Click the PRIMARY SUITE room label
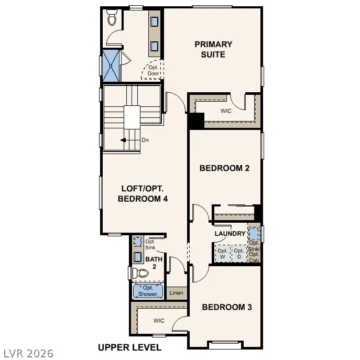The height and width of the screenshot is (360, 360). [x=213, y=49]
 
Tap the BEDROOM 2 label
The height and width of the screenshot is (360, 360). [x=224, y=168]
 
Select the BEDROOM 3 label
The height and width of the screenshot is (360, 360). [x=226, y=307]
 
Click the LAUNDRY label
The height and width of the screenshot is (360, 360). [x=230, y=233]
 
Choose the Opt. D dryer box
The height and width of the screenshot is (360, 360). [x=239, y=254]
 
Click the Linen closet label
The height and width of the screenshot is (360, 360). [x=177, y=292]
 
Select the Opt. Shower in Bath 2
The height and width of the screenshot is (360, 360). [x=148, y=291]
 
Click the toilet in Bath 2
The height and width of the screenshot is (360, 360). [x=140, y=273]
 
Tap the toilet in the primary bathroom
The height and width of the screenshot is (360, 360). [x=111, y=19]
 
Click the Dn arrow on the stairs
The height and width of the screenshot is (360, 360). [x=124, y=140]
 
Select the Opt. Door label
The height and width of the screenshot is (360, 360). [x=153, y=70]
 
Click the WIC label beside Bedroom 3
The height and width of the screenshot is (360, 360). [x=159, y=320]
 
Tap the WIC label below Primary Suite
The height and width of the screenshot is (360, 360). [x=225, y=111]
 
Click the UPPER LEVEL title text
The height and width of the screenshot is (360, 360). [x=129, y=347]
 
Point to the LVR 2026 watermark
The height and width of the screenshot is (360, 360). [x=28, y=353]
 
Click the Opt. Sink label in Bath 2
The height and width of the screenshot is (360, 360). [x=150, y=245]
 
